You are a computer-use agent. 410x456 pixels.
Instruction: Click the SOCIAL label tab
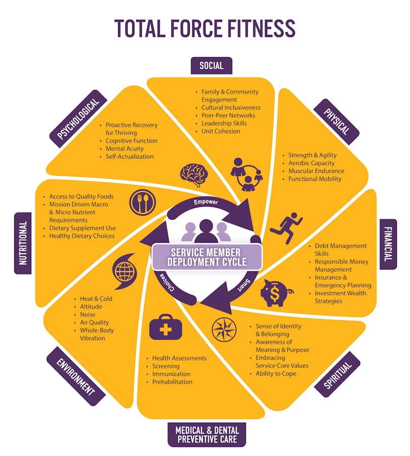click(x=212, y=66)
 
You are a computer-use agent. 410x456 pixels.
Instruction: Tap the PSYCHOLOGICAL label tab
click(x=78, y=119)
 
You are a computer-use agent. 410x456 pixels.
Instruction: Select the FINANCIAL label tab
click(x=388, y=244)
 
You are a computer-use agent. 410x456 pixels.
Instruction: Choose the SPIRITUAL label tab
click(x=337, y=374)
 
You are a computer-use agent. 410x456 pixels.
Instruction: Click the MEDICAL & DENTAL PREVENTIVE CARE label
click(x=207, y=435)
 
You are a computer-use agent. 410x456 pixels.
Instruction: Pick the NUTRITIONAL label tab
click(x=23, y=243)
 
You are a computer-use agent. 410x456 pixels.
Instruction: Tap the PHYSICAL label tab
click(x=337, y=122)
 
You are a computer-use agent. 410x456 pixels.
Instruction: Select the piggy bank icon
click(x=276, y=293)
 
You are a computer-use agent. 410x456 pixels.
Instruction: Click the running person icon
click(x=286, y=227)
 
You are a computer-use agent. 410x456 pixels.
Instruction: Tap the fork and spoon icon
click(x=142, y=203)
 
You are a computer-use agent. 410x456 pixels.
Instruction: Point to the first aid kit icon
click(x=166, y=327)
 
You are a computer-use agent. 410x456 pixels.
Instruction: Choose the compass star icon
click(x=224, y=330)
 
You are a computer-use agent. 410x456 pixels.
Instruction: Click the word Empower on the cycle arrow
click(x=206, y=202)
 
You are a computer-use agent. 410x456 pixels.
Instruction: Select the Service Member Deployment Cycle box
click(x=207, y=257)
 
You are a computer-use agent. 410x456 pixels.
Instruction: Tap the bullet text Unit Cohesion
click(x=221, y=131)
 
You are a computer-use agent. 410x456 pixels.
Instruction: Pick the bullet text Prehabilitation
click(x=172, y=382)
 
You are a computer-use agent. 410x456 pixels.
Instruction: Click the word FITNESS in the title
click(x=261, y=28)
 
